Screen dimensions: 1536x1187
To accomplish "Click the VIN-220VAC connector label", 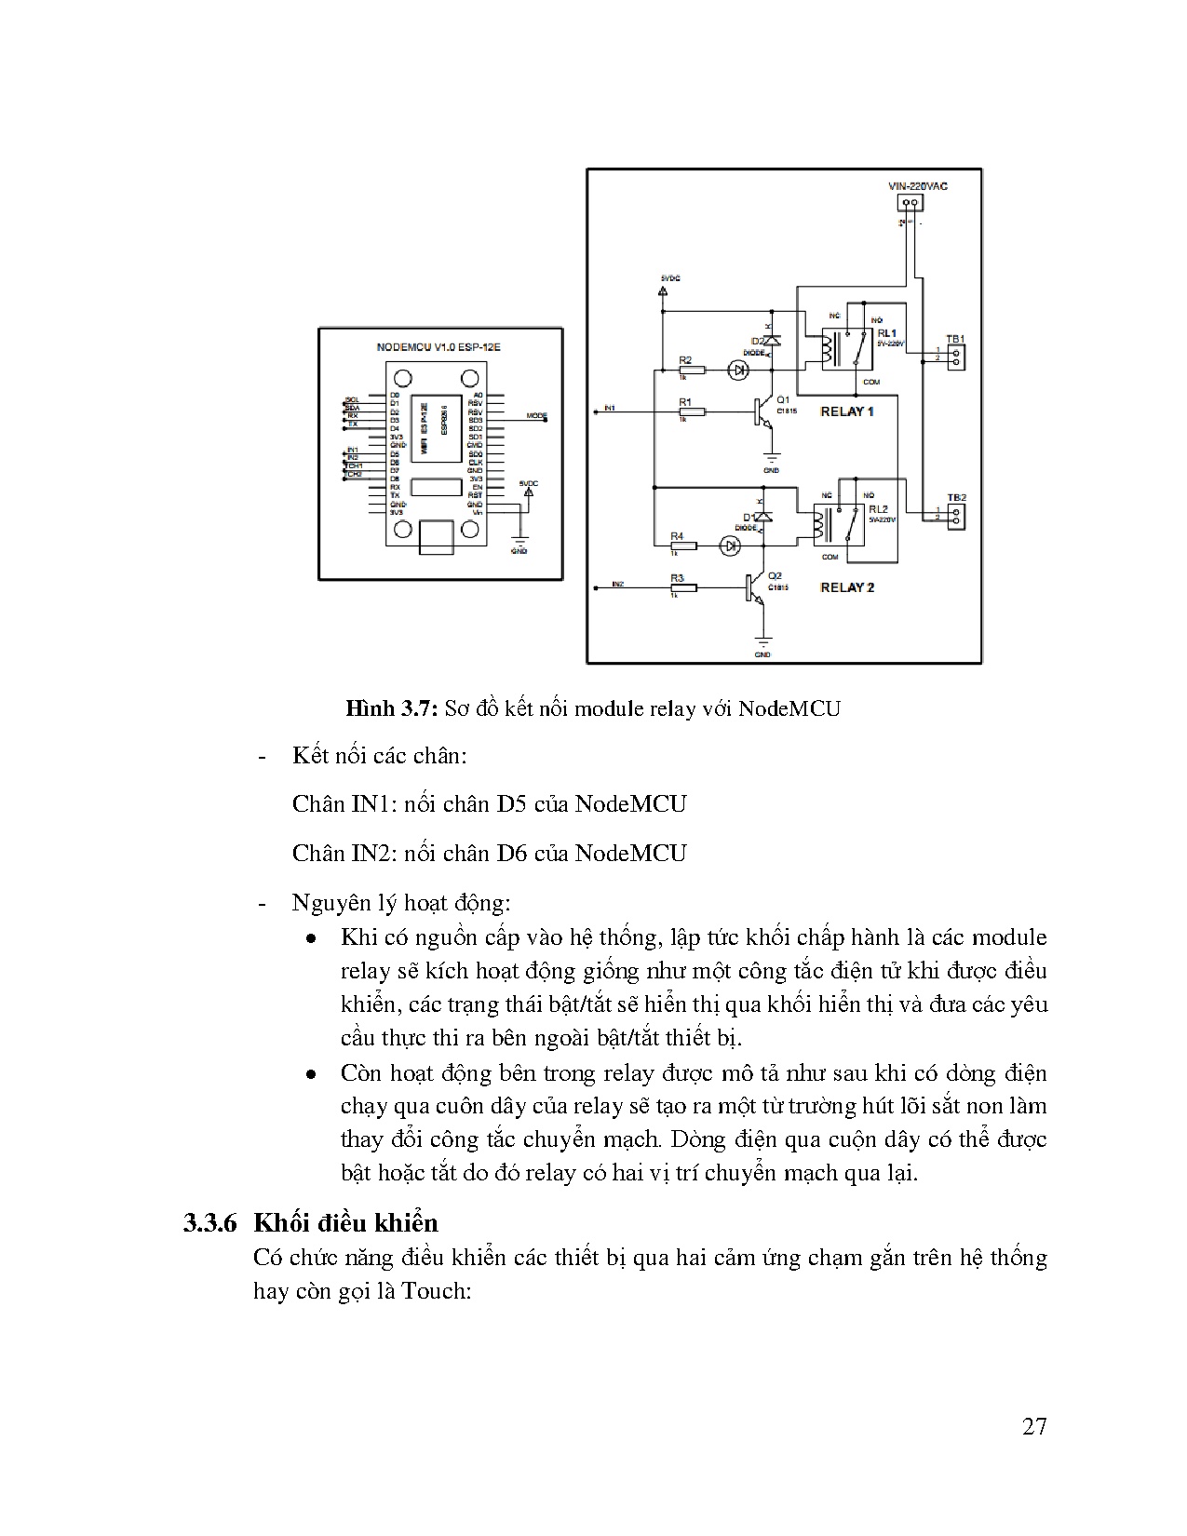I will point(918,186).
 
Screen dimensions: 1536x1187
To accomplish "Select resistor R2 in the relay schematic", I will point(691,370).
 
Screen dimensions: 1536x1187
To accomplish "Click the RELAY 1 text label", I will point(846,411).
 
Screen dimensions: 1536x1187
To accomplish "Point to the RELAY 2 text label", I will point(846,587).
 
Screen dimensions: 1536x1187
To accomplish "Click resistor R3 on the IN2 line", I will point(681,587).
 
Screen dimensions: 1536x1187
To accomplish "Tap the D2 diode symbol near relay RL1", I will point(771,341).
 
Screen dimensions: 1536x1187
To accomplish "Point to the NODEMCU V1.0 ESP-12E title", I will point(439,346).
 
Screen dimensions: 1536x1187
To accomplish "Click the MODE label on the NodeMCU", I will point(537,415).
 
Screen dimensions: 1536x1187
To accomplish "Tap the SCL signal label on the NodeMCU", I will point(352,399).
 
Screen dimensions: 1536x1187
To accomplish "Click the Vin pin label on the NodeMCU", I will point(477,512).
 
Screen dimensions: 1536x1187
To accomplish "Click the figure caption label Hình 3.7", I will point(391,708).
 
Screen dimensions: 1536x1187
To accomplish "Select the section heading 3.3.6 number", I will point(212,1222).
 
